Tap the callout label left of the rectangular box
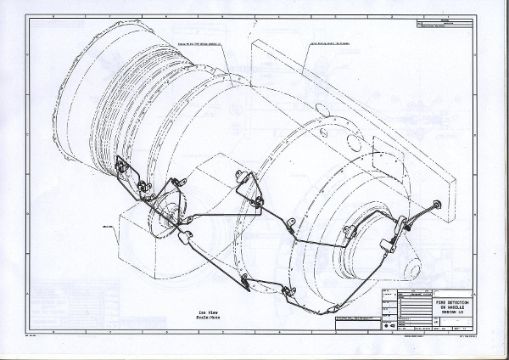(108, 227)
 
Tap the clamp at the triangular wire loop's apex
(240, 175)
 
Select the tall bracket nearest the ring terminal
(400, 224)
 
